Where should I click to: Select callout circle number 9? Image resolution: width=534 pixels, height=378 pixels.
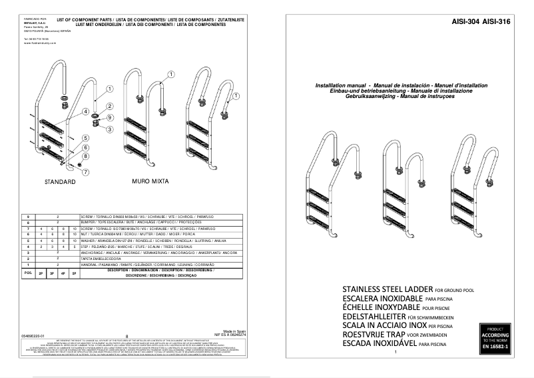click(109, 118)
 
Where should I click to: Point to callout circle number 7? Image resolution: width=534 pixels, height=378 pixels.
click(86, 171)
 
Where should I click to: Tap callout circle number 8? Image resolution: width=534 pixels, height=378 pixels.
click(86, 155)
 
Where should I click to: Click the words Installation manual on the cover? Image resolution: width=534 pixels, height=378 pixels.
click(341, 87)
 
